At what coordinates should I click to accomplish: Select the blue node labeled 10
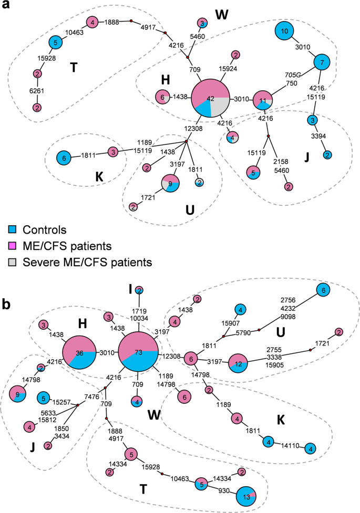point(284,32)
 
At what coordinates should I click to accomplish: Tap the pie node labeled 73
point(138,352)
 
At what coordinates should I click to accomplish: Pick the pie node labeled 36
point(79,352)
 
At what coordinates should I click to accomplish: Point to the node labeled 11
point(263,100)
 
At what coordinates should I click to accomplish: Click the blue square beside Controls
point(12,229)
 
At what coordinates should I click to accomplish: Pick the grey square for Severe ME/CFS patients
point(12,261)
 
